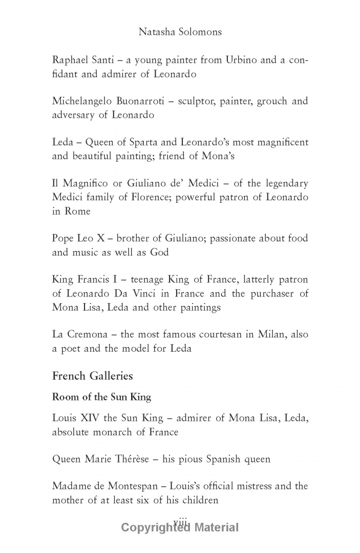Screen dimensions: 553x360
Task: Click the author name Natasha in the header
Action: click(x=156, y=32)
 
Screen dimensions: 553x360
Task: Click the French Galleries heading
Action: click(x=92, y=376)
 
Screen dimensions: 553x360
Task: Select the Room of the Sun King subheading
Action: click(x=101, y=397)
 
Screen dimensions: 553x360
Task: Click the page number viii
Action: click(x=180, y=520)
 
